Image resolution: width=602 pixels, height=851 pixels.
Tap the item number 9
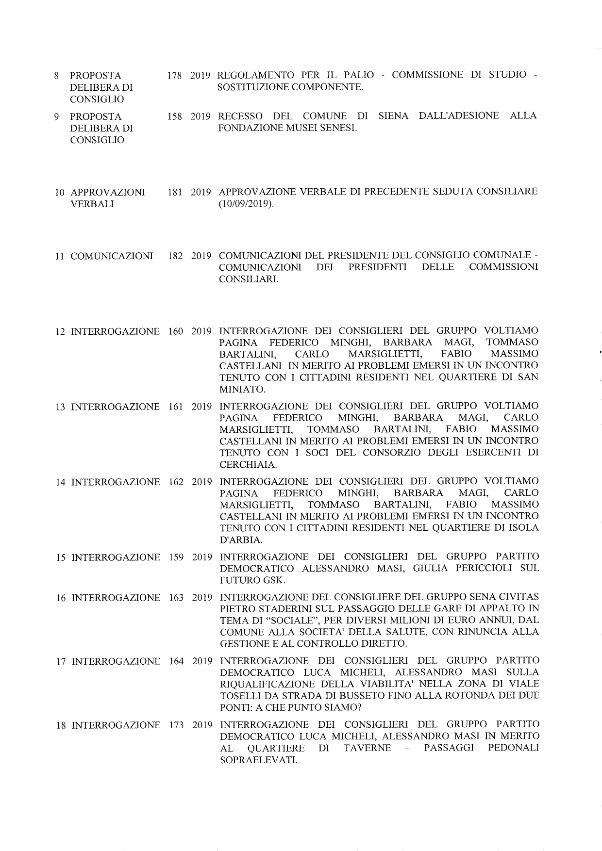57,116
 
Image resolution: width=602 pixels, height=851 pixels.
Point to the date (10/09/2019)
246,204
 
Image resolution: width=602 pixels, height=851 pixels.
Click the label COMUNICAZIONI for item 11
112,256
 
